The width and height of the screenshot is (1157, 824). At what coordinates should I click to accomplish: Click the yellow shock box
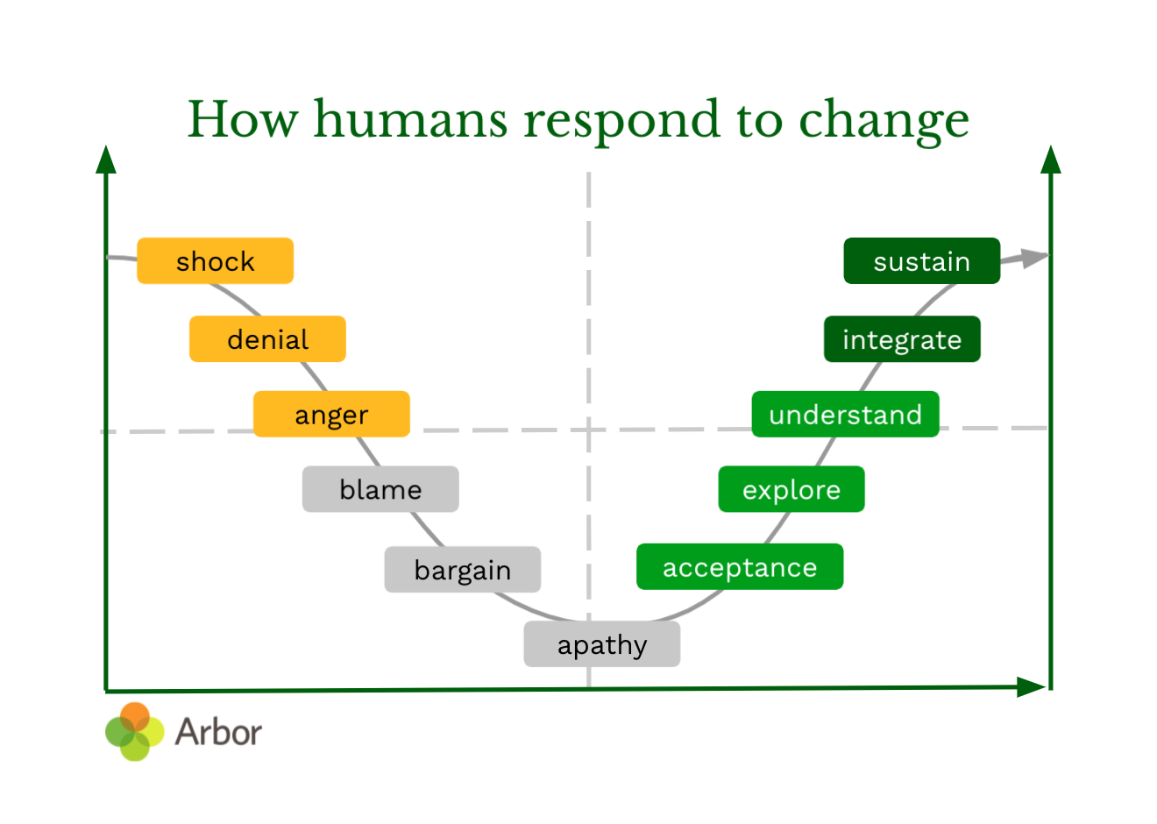pos(215,261)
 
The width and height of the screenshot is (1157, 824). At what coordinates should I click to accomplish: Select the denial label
pos(267,339)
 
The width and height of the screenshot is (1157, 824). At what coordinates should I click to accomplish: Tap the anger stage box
pos(331,414)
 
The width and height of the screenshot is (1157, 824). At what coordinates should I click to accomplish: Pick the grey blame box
pos(380,489)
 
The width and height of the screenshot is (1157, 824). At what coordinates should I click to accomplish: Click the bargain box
pos(462,570)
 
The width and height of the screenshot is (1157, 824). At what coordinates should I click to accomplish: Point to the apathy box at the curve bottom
pos(601,644)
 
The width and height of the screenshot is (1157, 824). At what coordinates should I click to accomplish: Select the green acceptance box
pos(739,567)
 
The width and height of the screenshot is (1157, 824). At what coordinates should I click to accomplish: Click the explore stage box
pos(791,489)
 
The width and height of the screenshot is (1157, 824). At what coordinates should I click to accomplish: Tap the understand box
pos(845,414)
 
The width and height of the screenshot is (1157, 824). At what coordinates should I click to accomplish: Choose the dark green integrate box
pos(901,339)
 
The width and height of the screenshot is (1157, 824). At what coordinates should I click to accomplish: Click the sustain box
pos(921,261)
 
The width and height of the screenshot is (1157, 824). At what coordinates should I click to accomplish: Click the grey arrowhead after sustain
pos(1034,258)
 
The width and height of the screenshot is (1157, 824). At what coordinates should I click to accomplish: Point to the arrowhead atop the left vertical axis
pos(106,160)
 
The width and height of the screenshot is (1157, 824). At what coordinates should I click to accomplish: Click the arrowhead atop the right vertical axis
pos(1051,160)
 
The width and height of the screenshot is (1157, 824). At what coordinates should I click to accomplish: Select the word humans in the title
pos(410,120)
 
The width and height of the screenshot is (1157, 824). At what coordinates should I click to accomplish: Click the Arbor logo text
pos(218,732)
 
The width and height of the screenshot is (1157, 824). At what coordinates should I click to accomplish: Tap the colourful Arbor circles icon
pos(134,732)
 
